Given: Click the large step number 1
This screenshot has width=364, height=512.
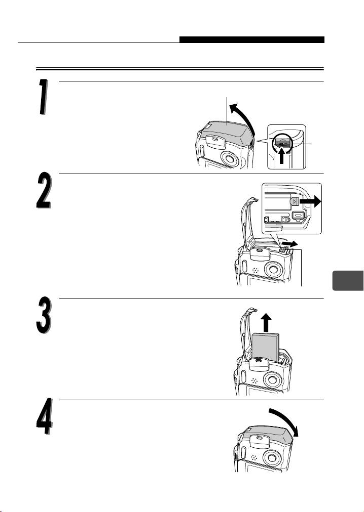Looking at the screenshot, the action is click(x=43, y=97).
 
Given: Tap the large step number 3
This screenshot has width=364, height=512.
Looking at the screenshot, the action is click(x=44, y=315).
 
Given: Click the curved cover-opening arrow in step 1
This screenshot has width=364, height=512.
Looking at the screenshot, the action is click(x=245, y=116).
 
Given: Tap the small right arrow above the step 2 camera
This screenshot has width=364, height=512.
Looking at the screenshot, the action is click(x=289, y=244).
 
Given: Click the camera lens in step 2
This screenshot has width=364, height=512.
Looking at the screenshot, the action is click(x=274, y=269).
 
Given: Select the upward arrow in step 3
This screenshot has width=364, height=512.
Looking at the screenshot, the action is click(x=267, y=322).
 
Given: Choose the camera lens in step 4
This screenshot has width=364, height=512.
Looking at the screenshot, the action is click(x=272, y=457).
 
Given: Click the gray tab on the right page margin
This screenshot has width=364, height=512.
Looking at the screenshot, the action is click(x=348, y=280).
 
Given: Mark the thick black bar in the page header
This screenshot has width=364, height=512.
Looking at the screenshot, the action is click(x=252, y=39).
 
